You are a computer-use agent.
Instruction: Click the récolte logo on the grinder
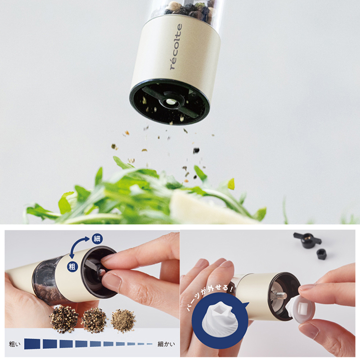pyautogui.click(x=176, y=47)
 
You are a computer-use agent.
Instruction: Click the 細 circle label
pyautogui.click(x=97, y=239)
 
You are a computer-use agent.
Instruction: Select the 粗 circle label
pyautogui.click(x=72, y=266)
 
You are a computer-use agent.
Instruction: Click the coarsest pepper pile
pyautogui.click(x=64, y=319)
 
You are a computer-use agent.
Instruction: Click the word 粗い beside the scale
pyautogui.click(x=15, y=344)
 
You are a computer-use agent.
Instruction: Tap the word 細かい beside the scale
pyautogui.click(x=166, y=344)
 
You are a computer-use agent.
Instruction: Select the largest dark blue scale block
pyautogui.click(x=32, y=344)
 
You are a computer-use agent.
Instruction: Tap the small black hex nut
pyautogui.click(x=322, y=254)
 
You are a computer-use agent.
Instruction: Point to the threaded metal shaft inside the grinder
pyautogui.click(x=280, y=295)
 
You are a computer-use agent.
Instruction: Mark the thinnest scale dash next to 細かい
pyautogui.click(x=150, y=344)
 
